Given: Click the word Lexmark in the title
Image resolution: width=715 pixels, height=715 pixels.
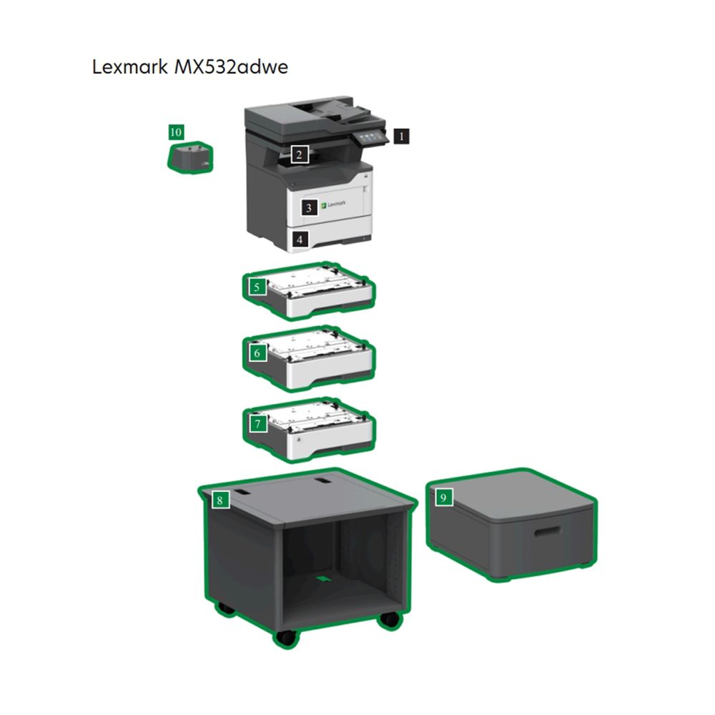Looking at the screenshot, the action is [x=129, y=67].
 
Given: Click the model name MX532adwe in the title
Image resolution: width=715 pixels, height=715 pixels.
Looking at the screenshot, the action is [x=231, y=67].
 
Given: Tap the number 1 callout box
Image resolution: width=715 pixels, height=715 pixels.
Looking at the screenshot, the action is [x=401, y=136].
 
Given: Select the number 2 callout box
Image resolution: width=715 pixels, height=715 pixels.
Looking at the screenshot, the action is [x=299, y=154].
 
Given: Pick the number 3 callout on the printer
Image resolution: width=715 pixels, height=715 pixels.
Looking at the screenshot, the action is [x=309, y=208].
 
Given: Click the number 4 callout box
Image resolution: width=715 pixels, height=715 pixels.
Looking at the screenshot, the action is [x=300, y=239].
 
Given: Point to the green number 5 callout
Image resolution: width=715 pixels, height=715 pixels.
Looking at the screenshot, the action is [x=257, y=287].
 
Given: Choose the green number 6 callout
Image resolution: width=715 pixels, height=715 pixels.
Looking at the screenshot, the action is [x=257, y=353].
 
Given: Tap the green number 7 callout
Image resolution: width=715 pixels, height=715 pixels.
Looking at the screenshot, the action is [x=258, y=423].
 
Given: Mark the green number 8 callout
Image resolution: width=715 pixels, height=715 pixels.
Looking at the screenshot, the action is [x=220, y=500].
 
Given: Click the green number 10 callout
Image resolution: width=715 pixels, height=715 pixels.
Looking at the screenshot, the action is [x=176, y=132].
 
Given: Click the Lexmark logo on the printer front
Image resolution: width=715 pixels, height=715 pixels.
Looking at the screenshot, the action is [x=333, y=204].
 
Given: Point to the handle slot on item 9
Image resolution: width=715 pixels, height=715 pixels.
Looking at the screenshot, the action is [x=547, y=532].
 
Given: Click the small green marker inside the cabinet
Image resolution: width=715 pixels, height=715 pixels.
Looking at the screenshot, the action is [x=324, y=578].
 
